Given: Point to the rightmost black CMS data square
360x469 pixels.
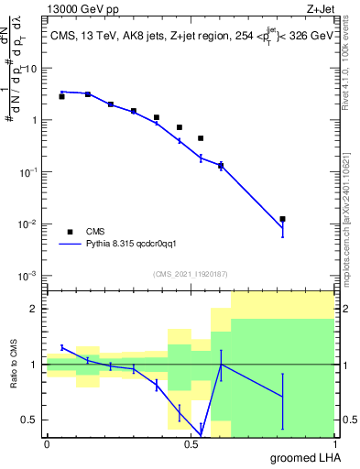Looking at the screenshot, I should (x=283, y=219).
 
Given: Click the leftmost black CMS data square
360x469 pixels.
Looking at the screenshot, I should (x=61, y=96).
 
